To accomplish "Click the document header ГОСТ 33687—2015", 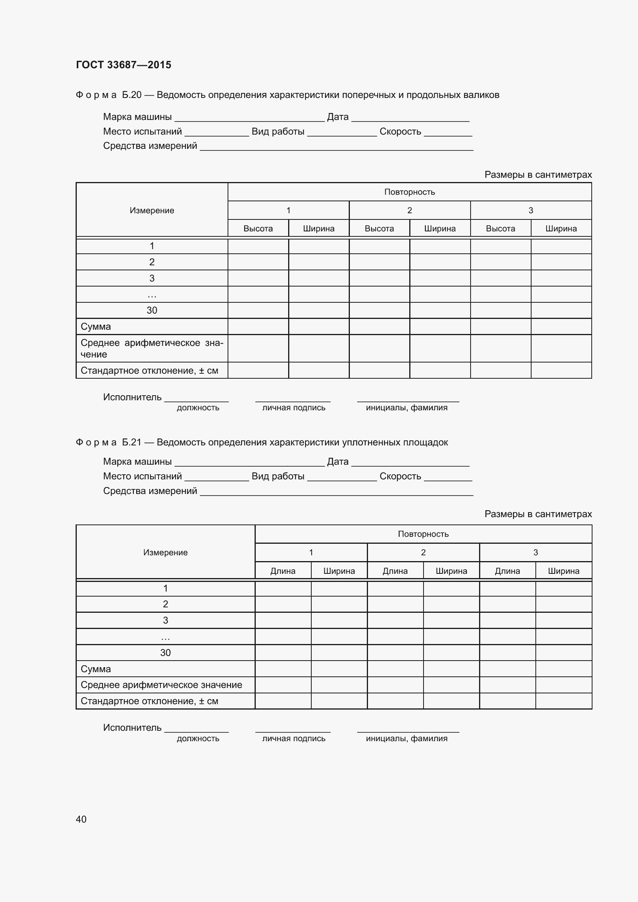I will pyautogui.click(x=123, y=65).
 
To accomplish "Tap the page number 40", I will pyautogui.click(x=81, y=819).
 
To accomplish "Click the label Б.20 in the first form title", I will pyautogui.click(x=132, y=95).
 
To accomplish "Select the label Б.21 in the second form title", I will pyautogui.click(x=132, y=442).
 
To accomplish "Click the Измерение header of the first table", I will pyautogui.click(x=152, y=211).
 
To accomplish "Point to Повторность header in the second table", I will pyautogui.click(x=423, y=534).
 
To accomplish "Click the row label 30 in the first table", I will pyautogui.click(x=152, y=310).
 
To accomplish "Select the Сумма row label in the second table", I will pyautogui.click(x=96, y=669).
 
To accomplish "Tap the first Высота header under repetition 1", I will pyautogui.click(x=258, y=229).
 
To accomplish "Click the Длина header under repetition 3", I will pyautogui.click(x=507, y=571).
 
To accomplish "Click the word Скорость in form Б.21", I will pyautogui.click(x=400, y=476).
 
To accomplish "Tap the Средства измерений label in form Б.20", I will pyautogui.click(x=150, y=146).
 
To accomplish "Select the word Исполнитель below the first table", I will pyautogui.click(x=132, y=397).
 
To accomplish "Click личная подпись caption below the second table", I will pyautogui.click(x=294, y=738).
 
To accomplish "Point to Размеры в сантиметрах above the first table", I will pyautogui.click(x=538, y=174).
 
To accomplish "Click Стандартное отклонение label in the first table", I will pyautogui.click(x=149, y=371).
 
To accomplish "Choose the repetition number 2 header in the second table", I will pyautogui.click(x=423, y=552).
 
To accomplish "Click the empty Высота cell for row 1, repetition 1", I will pyautogui.click(x=258, y=246).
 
